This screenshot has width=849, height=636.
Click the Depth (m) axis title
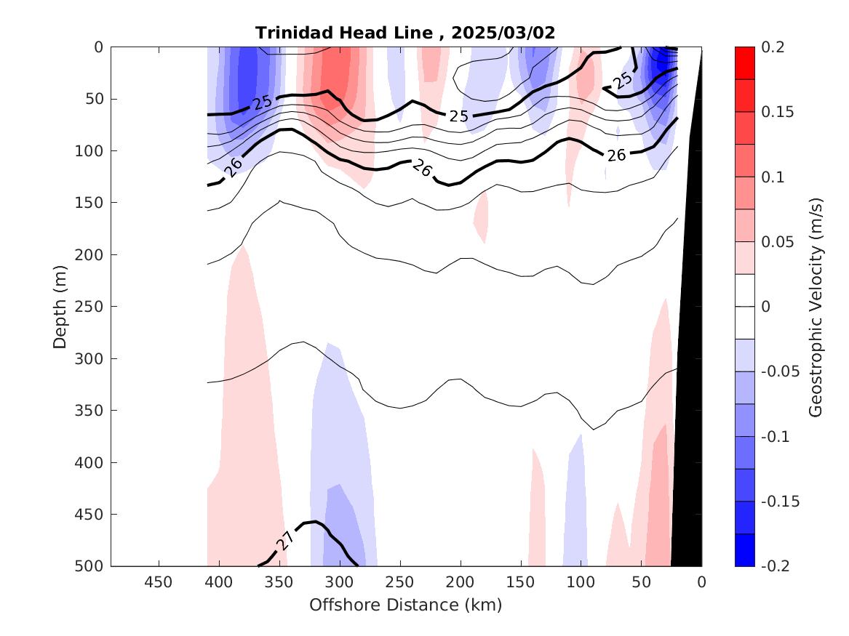pyautogui.click(x=60, y=306)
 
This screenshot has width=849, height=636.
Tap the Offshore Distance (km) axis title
pyautogui.click(x=405, y=605)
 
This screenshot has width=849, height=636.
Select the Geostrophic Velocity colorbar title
pyautogui.click(x=816, y=306)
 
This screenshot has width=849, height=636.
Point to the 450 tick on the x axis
pyautogui.click(x=159, y=582)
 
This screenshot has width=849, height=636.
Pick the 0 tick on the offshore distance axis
pyautogui.click(x=701, y=582)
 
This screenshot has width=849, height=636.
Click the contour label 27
pyautogui.click(x=285, y=540)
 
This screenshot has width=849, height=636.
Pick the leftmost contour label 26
pyautogui.click(x=234, y=167)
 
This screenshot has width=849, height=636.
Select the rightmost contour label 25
pyautogui.click(x=622, y=81)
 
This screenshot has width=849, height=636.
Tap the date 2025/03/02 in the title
pyautogui.click(x=503, y=33)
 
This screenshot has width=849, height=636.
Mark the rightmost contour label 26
pyautogui.click(x=616, y=155)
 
